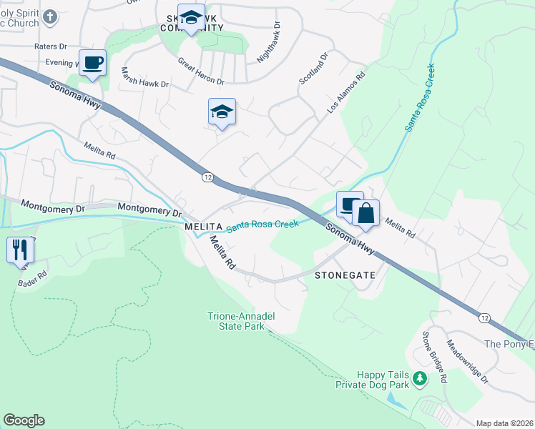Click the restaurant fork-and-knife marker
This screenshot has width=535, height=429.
click(x=20, y=250)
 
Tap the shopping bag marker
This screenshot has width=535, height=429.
click(x=365, y=214)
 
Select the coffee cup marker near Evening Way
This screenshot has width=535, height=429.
click(x=92, y=64)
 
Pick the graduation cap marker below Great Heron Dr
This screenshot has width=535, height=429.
click(x=222, y=112)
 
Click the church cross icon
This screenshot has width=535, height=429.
click(x=49, y=16)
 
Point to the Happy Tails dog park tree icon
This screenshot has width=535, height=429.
click(x=423, y=379)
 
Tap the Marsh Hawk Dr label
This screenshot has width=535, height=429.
click(x=144, y=78)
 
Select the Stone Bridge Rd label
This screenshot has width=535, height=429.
click(x=434, y=355)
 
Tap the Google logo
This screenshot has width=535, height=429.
click(x=24, y=420)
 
